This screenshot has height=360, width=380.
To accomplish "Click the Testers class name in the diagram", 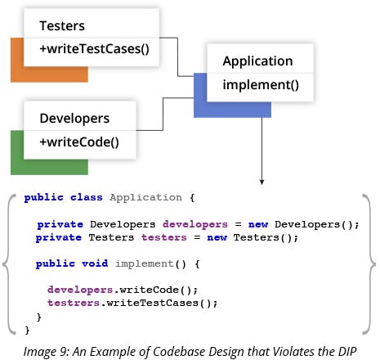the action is (62, 26).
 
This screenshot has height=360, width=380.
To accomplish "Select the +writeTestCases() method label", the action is (94, 49).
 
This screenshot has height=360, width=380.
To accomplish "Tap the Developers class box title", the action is (74, 119).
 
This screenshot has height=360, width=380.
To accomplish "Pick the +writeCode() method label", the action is (79, 142).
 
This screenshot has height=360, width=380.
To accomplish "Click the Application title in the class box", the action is (257, 61).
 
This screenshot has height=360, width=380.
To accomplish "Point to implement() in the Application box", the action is (261, 85).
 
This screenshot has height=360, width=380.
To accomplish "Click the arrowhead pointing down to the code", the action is (262, 182).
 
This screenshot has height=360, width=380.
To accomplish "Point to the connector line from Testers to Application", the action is (177, 57).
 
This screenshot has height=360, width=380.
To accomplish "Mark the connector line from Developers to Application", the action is (163, 114).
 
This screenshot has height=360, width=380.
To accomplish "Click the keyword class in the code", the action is (87, 197).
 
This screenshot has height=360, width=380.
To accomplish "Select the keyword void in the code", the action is (95, 263).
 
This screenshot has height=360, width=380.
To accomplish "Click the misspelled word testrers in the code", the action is (74, 303).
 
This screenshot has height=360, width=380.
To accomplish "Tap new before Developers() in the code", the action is (258, 224).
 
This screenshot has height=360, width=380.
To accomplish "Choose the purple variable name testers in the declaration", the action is (164, 237).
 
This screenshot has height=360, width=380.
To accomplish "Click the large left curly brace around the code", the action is (8, 264).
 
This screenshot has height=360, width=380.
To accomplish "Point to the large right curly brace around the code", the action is (370, 264).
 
